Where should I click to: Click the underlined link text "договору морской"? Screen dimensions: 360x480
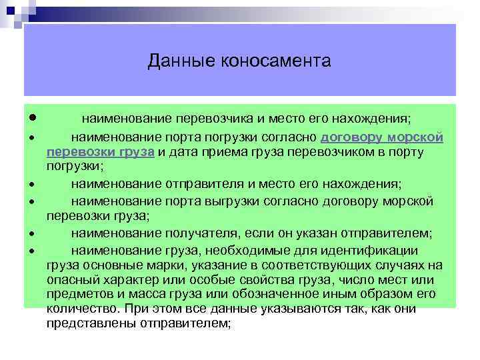coord(383,138)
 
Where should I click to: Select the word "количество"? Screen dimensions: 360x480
coord(79,309)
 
